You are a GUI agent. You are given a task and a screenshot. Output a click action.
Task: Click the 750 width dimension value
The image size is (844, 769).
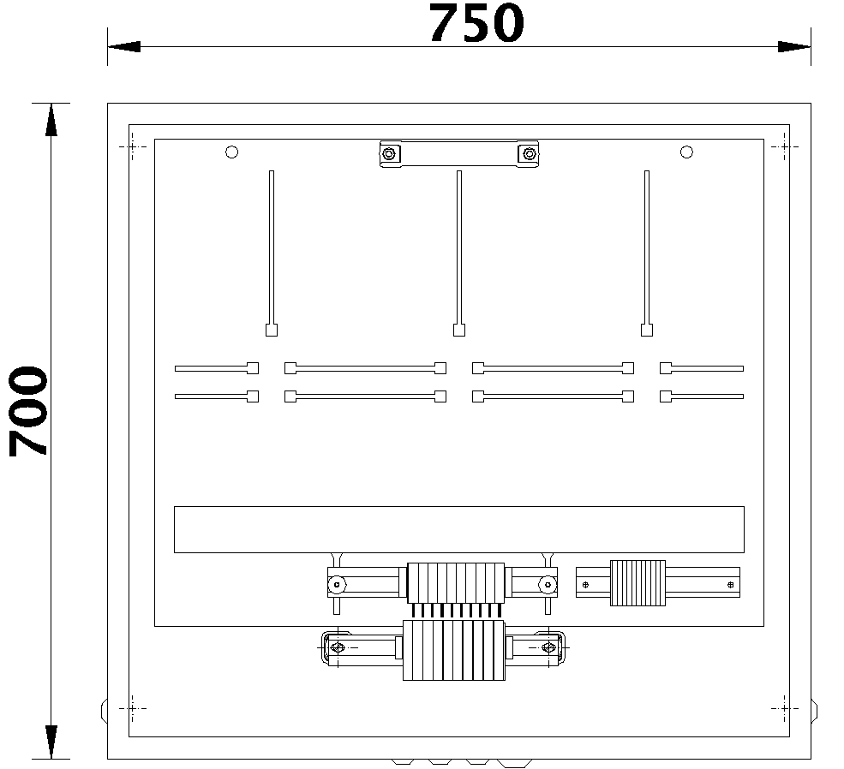click(x=476, y=24)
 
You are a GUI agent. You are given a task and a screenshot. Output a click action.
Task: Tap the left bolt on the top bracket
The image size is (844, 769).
click(x=389, y=154)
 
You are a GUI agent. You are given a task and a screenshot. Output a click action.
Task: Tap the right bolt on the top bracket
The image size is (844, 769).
click(x=528, y=154)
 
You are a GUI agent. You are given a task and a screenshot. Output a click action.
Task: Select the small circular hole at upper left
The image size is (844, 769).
click(x=230, y=152)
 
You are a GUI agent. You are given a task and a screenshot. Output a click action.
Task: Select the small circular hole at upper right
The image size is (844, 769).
click(x=686, y=152)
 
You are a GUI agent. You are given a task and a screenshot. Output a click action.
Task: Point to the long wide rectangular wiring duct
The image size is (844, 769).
click(x=458, y=529)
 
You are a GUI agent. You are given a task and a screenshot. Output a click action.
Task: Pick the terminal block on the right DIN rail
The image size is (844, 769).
click(x=637, y=583)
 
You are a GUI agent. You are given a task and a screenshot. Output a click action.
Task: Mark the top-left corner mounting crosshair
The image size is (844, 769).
click(x=132, y=147)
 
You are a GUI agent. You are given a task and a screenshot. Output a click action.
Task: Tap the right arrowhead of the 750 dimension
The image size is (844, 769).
click(x=793, y=46)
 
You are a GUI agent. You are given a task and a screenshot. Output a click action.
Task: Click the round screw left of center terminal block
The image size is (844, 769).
click(x=337, y=586)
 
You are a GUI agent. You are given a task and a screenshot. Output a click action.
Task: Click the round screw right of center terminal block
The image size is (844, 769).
click(x=546, y=586)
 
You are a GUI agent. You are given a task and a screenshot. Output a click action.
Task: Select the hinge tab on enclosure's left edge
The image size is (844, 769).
click(x=104, y=710)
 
